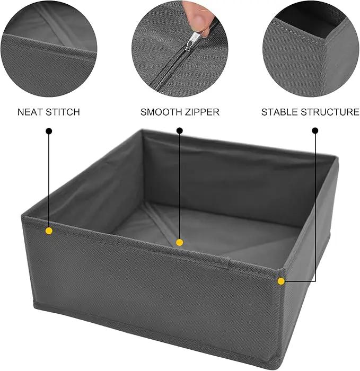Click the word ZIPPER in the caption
pyautogui.click(x=203, y=112)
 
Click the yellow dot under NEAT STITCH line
pyautogui.click(x=49, y=231)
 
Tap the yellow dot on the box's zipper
pyautogui.click(x=179, y=243)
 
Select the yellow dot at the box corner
pyautogui.click(x=281, y=281)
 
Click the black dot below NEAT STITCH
pyautogui.click(x=49, y=131)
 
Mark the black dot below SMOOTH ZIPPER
pyautogui.click(x=180, y=130)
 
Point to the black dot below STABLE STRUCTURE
pyautogui.click(x=315, y=130)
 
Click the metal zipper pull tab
pyautogui.click(x=192, y=41)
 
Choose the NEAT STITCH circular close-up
pyautogui.click(x=49, y=49)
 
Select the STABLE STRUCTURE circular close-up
pyautogui.click(x=311, y=49)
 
